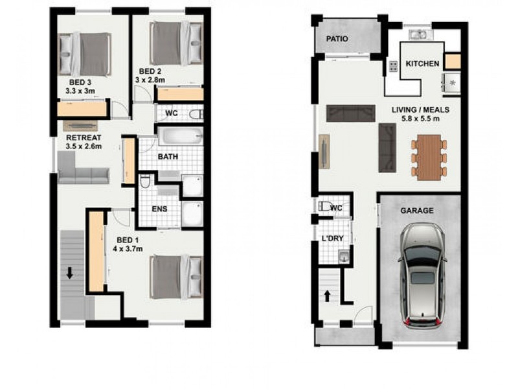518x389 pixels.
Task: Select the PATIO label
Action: tap(337, 39)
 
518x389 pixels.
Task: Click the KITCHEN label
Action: tap(422, 64)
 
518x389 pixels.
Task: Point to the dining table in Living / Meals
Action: tap(429, 157)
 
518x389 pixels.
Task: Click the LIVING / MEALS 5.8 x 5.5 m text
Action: tap(420, 114)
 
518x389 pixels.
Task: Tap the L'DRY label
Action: tap(332, 239)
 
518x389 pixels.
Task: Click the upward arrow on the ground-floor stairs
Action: tap(327, 296)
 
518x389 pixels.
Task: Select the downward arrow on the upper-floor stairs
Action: tap(69, 274)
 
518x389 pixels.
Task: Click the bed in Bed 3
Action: tap(87, 54)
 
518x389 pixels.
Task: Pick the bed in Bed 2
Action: tap(175, 43)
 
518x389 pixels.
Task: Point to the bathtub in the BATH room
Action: tap(180, 136)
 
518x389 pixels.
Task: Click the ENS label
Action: tap(159, 209)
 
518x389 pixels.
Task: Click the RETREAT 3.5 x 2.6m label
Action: tap(84, 142)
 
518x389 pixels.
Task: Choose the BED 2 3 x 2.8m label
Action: tap(150, 75)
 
